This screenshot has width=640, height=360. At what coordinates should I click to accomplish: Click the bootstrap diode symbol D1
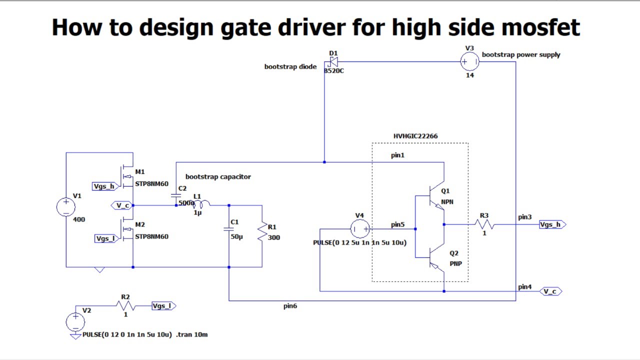coord(332,62)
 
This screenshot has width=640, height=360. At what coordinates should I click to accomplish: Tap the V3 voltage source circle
coord(469,61)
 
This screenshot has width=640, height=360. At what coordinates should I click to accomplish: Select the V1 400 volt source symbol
coord(66,206)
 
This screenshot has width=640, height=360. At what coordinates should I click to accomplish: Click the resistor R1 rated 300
coord(262,232)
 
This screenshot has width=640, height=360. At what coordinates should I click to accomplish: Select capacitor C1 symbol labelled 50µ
coord(229,229)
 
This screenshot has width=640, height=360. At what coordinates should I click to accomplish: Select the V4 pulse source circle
coord(359,229)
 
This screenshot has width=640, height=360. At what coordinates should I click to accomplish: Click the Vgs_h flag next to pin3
coord(552,224)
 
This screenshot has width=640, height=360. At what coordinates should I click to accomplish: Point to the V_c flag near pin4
coord(550,291)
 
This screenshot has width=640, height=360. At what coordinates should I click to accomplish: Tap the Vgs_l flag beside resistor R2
coord(163,306)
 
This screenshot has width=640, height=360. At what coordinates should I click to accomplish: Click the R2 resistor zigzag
coord(125,305)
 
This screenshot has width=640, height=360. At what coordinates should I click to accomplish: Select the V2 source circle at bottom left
coord(75,321)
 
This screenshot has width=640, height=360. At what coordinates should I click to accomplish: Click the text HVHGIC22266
coord(415,136)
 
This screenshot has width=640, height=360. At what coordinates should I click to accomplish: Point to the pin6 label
coord(290,306)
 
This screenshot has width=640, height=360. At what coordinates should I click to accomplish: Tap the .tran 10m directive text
coord(192,334)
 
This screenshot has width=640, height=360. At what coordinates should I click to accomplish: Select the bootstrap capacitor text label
coord(218,176)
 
